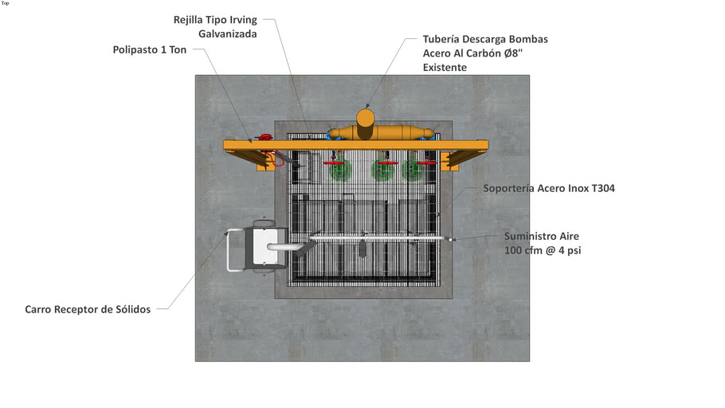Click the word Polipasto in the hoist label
135,50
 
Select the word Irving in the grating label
243,21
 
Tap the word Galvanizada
228,33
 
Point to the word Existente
445,68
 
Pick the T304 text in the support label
603,188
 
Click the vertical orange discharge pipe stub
365,124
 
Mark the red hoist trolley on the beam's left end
265,137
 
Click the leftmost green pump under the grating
340,171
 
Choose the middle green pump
382,171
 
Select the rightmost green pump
412,171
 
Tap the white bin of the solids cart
265,246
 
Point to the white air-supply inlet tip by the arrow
450,239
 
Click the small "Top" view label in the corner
5,3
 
